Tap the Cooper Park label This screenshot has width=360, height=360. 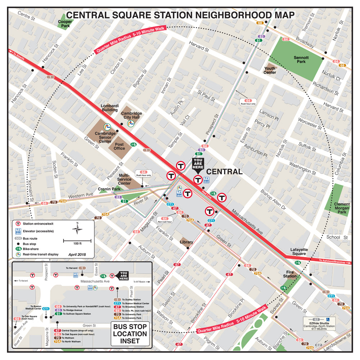pyautogui.click(x=65, y=24)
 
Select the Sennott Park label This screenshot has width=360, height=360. pyautogui.click(x=301, y=59)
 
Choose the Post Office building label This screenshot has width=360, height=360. pyautogui.click(x=119, y=146)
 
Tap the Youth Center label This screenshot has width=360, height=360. pyautogui.click(x=270, y=70)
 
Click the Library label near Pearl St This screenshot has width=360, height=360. pyautogui.click(x=186, y=242)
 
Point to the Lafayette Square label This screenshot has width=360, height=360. pyautogui.click(x=298, y=252)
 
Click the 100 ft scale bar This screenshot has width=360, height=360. pyautogui.click(x=77, y=241)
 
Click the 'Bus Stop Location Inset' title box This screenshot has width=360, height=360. pyautogui.click(x=130, y=334)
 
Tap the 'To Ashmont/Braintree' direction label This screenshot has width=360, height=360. pyautogui.click(x=334, y=262)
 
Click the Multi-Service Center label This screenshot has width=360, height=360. pyautogui.click(x=124, y=179)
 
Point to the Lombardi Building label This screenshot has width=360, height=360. pyautogui.click(x=109, y=108)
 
